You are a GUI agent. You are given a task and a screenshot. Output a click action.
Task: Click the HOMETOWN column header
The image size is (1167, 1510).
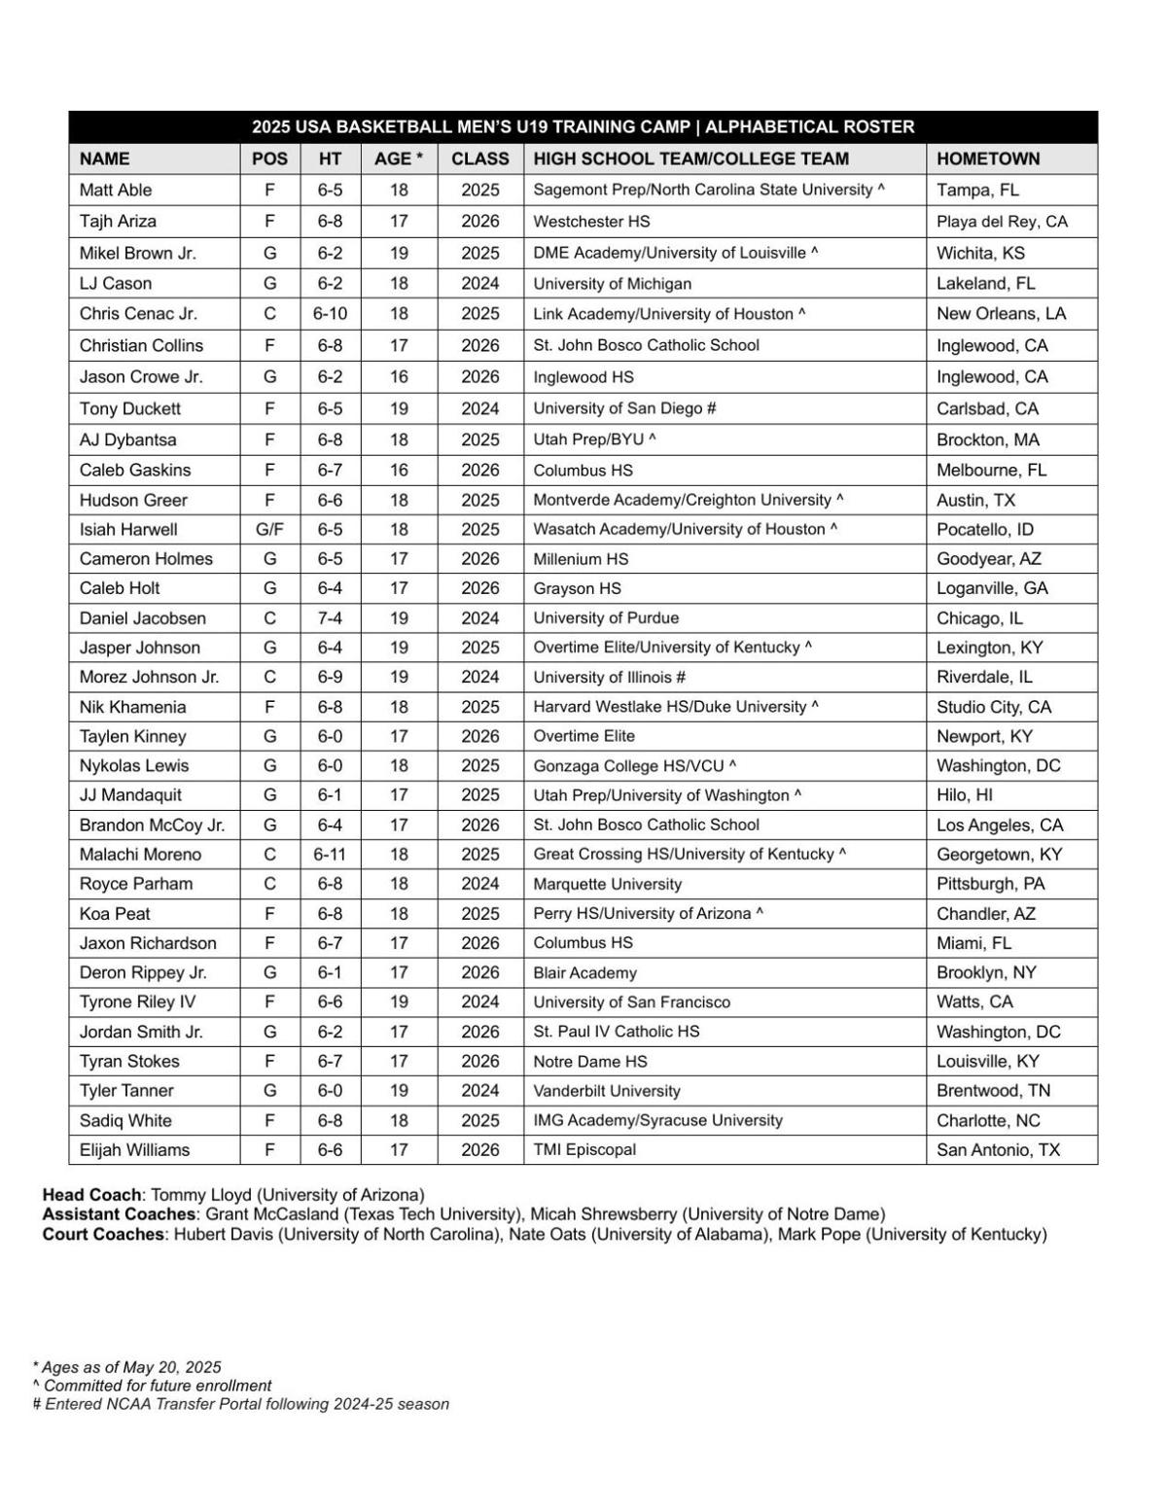click(988, 158)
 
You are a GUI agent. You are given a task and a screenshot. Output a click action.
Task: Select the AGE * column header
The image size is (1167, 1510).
click(399, 158)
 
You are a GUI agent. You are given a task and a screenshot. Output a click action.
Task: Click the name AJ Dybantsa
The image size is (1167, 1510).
click(128, 439)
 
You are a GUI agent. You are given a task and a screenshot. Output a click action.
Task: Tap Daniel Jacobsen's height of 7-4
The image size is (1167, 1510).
click(330, 618)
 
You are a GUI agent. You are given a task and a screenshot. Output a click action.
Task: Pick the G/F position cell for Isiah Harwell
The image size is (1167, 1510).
click(269, 530)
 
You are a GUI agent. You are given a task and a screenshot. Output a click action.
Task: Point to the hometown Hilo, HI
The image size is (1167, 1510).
click(965, 795)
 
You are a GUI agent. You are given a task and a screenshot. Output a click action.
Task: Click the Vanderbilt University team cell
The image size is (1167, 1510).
click(607, 1091)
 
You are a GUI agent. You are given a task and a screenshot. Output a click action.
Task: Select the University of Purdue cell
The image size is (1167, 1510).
click(606, 618)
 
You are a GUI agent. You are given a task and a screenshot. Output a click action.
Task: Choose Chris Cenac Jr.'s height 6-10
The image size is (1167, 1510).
click(330, 314)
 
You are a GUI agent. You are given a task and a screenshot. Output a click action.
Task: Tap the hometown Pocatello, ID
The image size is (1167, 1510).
click(985, 530)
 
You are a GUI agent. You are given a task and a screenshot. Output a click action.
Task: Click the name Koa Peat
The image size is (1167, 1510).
click(115, 914)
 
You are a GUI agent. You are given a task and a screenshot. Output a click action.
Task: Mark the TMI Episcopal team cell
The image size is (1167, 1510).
click(584, 1149)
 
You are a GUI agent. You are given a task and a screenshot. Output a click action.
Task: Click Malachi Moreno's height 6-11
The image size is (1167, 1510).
click(330, 855)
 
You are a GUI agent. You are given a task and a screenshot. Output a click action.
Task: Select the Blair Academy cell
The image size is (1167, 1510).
click(584, 973)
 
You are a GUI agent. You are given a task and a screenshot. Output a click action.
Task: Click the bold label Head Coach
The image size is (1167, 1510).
click(92, 1195)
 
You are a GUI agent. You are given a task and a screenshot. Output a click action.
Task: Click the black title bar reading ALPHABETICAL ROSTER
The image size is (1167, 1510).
click(809, 127)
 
